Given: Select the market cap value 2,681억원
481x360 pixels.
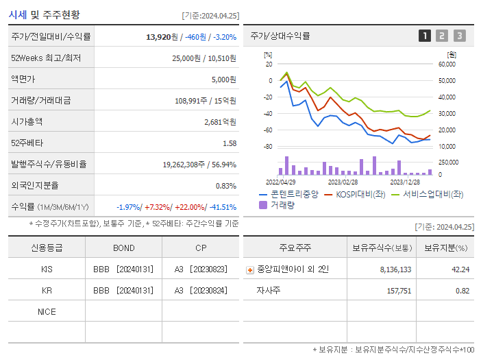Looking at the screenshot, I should [220, 121].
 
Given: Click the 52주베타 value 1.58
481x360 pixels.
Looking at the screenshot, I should [230, 143].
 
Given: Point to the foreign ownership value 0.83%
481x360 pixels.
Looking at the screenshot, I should [226, 185].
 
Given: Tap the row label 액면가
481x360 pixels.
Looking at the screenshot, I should [25, 79].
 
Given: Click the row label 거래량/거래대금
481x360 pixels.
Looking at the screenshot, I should [40, 100].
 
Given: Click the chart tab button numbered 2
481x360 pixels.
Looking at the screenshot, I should [442, 36].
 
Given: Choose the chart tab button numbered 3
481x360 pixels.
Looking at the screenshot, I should [459, 36].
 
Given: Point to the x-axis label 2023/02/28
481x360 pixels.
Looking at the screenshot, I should [343, 182].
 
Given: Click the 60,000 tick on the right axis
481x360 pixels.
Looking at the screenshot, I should [447, 64].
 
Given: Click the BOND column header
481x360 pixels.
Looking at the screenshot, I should [123, 248].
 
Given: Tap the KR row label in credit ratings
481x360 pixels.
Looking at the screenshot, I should [47, 290].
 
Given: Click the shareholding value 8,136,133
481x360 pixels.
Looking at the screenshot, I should [395, 269].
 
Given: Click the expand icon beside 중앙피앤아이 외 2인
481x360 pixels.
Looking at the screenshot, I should [249, 270].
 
